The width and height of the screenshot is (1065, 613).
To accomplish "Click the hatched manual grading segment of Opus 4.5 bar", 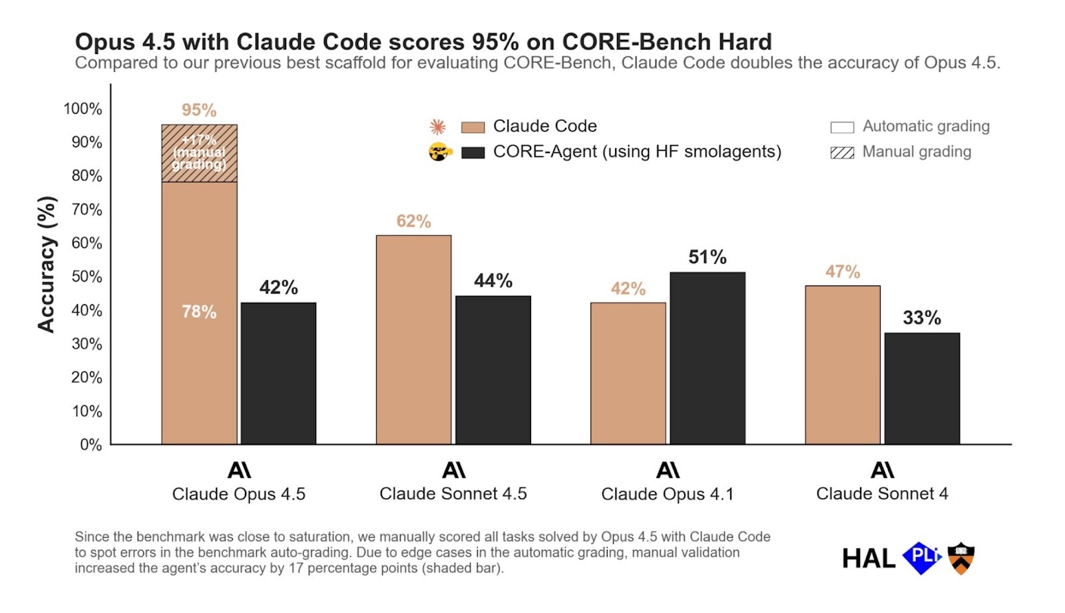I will [199, 153].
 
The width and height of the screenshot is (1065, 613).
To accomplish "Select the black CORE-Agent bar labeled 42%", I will [278, 373].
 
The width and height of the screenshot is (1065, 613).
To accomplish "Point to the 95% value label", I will [199, 110].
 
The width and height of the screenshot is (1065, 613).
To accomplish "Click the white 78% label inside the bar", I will [199, 311].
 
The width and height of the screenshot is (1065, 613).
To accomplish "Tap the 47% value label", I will [843, 272].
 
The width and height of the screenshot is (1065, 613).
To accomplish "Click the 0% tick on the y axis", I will [91, 445].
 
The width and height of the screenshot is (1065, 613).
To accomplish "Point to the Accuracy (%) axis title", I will [45, 264].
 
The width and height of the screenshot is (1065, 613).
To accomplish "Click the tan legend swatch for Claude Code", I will [473, 127].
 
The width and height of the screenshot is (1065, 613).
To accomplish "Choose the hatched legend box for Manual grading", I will [842, 153].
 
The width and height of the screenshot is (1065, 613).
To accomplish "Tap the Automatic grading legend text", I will [926, 126].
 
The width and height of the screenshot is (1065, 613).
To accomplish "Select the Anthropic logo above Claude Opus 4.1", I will [668, 471].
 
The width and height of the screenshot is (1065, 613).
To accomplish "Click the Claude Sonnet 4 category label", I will [882, 494].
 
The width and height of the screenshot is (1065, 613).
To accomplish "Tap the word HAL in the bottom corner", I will [868, 559].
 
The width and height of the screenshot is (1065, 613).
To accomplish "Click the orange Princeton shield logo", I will [960, 558].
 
